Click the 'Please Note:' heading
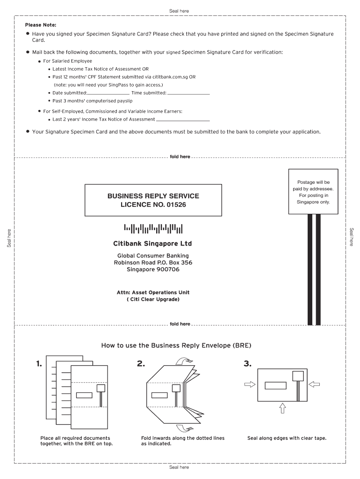pyautogui.click(x=41, y=25)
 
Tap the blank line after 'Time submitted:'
pyautogui.click(x=188, y=94)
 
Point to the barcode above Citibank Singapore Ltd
pyautogui.click(x=153, y=229)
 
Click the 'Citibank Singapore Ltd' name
pyautogui.click(x=152, y=244)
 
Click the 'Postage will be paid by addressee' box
pyautogui.click(x=313, y=192)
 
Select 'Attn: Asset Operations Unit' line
pyautogui.click(x=153, y=292)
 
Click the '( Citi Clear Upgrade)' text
pyautogui.click(x=153, y=299)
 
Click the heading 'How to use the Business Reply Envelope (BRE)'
pyautogui.click(x=176, y=346)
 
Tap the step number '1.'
pyautogui.click(x=39, y=363)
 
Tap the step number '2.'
pyautogui.click(x=141, y=363)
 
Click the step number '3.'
pyautogui.click(x=247, y=363)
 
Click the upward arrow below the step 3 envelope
pyautogui.click(x=282, y=408)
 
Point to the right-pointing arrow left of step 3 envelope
pyautogui.click(x=250, y=384)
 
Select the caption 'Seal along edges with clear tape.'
pyautogui.click(x=287, y=438)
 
